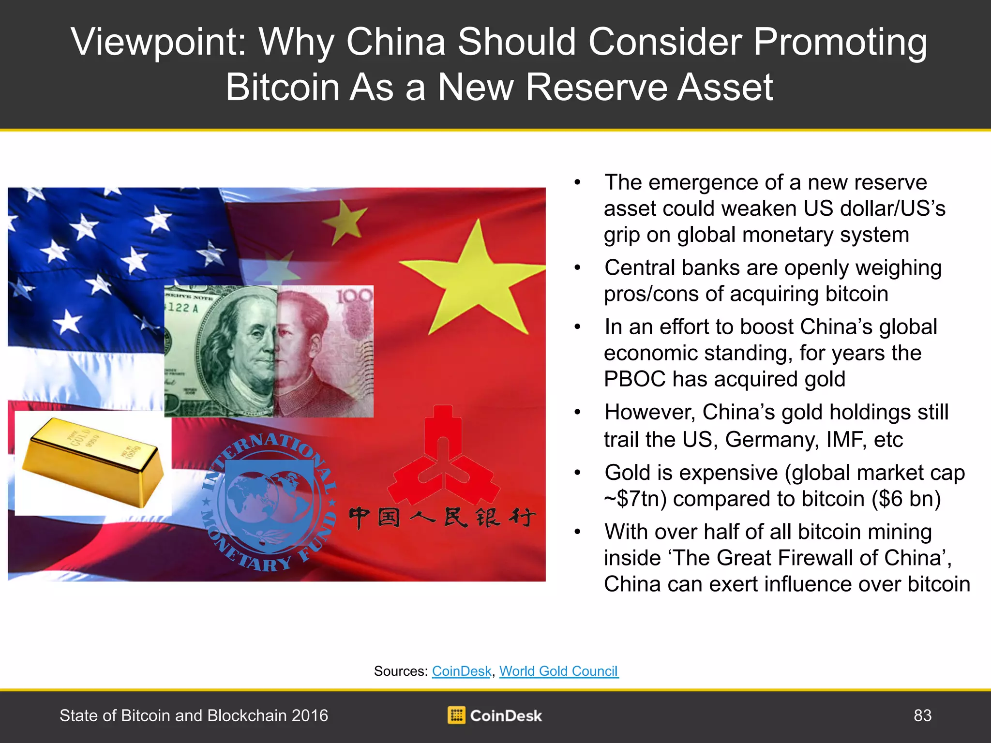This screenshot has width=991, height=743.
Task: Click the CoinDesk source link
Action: [x=462, y=671]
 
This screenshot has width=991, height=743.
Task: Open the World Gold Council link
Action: [x=559, y=671]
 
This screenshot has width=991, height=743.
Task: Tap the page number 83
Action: [x=922, y=715]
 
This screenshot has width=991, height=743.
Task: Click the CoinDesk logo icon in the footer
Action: [x=456, y=715]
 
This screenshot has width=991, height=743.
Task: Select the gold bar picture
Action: [x=93, y=463]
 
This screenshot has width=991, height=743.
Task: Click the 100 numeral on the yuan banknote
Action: [x=354, y=296]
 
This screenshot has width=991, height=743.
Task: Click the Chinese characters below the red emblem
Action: [x=442, y=518]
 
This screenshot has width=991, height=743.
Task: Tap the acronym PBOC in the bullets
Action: [x=634, y=379]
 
